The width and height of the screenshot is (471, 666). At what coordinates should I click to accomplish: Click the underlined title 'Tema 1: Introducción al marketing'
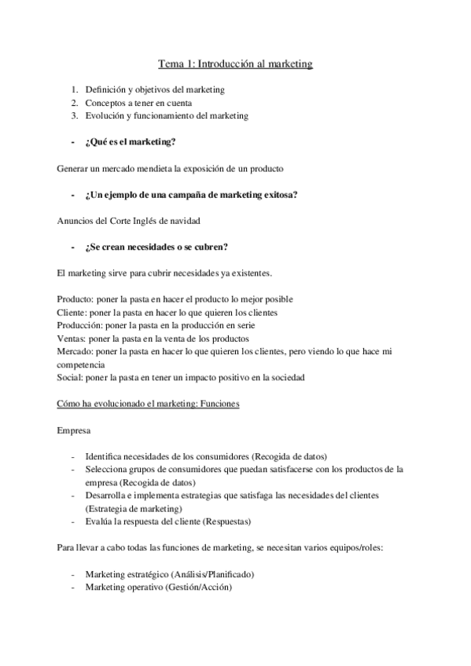236,64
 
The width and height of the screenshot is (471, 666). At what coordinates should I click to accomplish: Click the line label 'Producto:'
75,299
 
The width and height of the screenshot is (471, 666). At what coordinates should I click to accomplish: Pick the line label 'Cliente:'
72,312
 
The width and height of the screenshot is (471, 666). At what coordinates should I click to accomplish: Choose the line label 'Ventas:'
72,338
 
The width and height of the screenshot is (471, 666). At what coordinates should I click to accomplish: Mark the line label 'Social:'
69,376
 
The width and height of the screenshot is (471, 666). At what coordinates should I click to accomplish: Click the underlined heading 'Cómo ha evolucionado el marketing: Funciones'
149,404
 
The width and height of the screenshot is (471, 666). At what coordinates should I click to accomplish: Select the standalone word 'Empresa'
73,431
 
